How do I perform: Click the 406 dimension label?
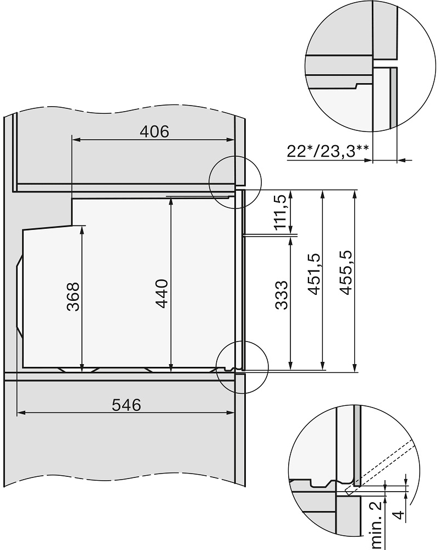[155, 131]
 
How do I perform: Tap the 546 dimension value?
[127, 405]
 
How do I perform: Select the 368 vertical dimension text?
[73, 297]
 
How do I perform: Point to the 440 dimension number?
[162, 294]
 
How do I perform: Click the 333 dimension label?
[281, 295]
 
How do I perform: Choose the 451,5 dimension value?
[313, 274]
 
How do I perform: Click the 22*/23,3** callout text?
[328, 152]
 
